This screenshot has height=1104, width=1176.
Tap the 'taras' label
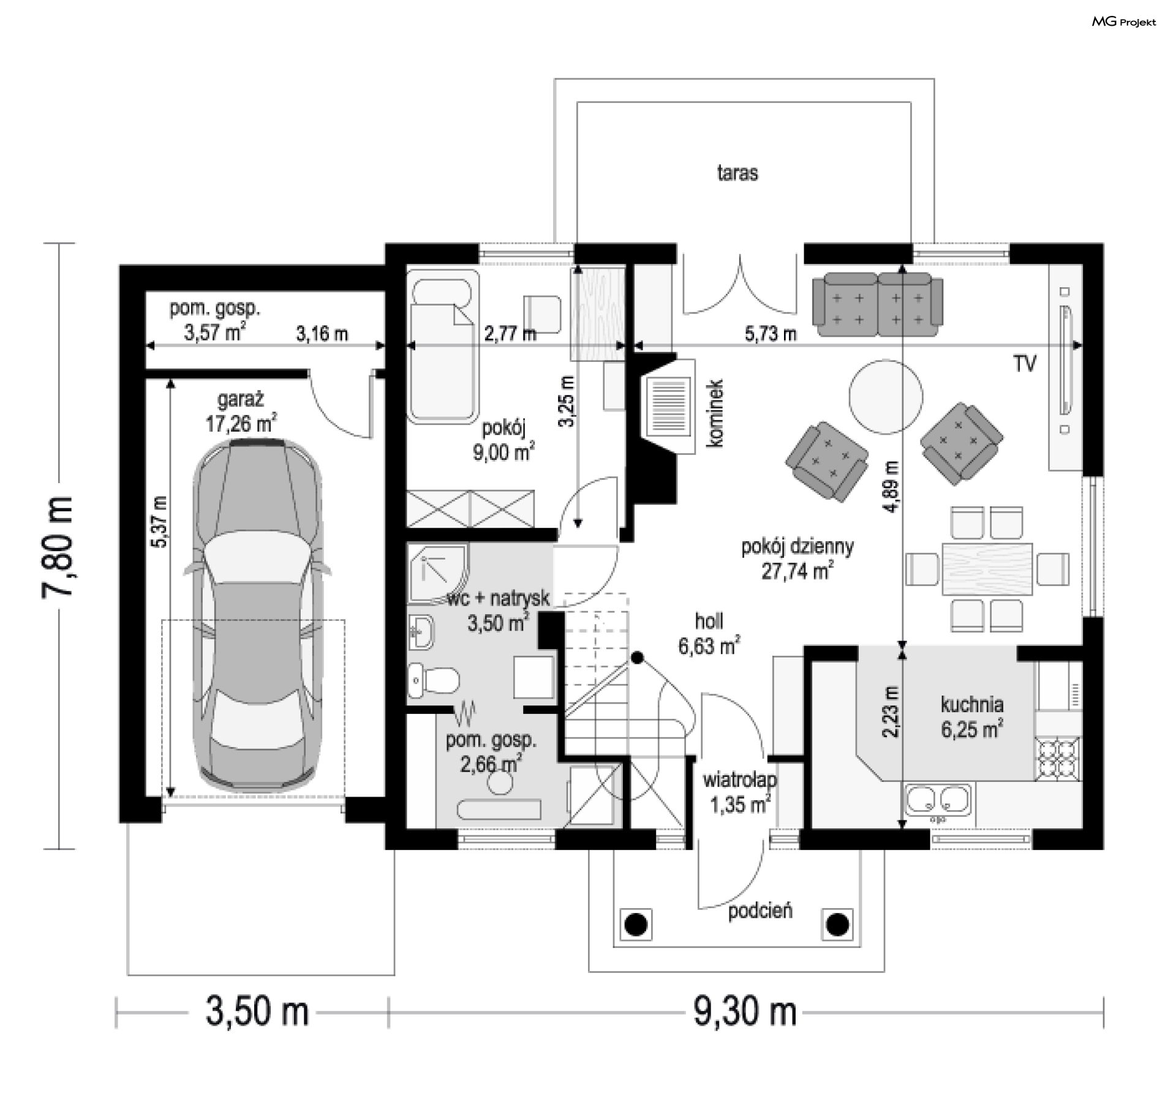click(737, 173)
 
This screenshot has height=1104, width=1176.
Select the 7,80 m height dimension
click(59, 547)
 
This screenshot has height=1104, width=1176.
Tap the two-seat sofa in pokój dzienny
click(877, 304)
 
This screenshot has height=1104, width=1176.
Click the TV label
click(1025, 364)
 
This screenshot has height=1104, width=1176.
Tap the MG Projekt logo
click(1124, 22)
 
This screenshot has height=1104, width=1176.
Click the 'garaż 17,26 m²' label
click(241, 412)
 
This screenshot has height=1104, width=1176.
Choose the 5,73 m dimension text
click(771, 334)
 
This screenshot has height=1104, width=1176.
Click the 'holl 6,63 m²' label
click(709, 633)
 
